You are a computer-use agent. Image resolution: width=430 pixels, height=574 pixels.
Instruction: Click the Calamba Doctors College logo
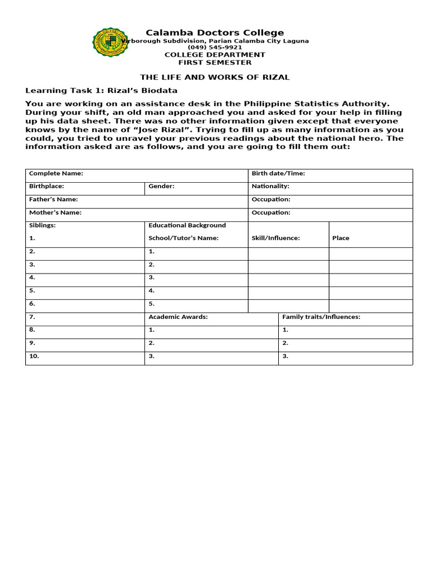(x=110, y=42)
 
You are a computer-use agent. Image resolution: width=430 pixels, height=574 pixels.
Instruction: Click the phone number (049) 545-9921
(x=214, y=48)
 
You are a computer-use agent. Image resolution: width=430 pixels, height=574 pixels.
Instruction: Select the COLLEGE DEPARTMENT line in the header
(x=214, y=55)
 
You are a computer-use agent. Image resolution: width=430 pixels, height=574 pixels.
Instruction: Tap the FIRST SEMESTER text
(x=214, y=63)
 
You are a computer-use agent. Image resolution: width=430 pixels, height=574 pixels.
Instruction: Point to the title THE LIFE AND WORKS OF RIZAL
(x=214, y=77)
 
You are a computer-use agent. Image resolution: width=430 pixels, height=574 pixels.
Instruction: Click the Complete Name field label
(x=56, y=174)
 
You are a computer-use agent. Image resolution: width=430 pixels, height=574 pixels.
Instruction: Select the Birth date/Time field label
(x=278, y=174)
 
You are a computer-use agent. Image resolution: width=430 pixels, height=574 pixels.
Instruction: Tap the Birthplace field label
(x=46, y=186)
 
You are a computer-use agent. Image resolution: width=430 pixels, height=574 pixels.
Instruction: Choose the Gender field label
(x=161, y=186)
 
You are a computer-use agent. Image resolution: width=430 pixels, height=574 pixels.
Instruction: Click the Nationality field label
(x=270, y=186)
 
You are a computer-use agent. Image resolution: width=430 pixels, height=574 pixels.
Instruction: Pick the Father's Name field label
(x=53, y=200)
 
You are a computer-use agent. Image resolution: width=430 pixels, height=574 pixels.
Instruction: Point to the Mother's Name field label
(x=55, y=213)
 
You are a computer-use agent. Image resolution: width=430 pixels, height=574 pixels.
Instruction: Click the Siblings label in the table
(x=43, y=225)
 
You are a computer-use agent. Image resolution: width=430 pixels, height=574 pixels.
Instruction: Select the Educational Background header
(x=187, y=225)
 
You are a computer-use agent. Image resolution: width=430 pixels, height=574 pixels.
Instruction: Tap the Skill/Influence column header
(x=276, y=238)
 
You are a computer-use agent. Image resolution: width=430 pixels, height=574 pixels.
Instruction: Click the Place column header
(x=340, y=238)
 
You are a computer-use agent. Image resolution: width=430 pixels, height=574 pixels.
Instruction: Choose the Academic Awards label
(x=178, y=317)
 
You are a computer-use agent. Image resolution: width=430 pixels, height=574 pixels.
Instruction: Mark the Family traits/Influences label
(x=321, y=317)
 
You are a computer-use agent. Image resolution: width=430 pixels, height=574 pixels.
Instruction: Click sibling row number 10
(x=34, y=357)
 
